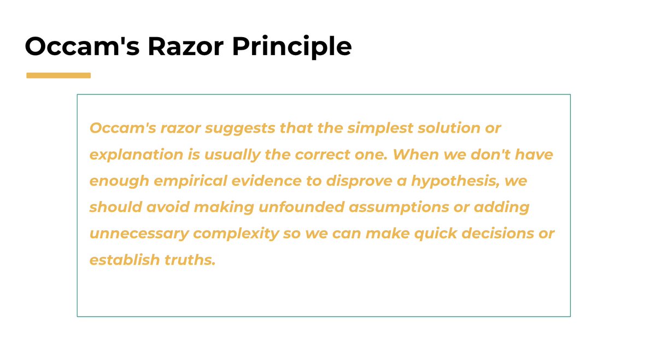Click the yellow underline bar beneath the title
(58, 75)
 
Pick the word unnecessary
(139, 234)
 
